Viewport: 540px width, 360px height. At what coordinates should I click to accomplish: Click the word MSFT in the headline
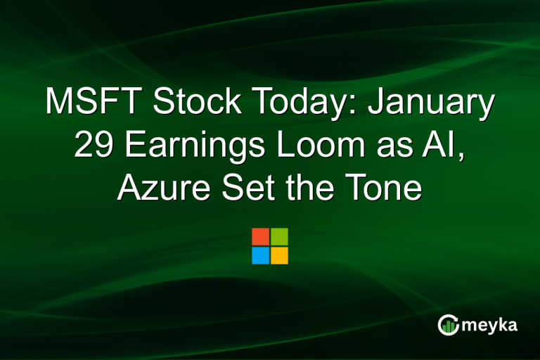point(94,103)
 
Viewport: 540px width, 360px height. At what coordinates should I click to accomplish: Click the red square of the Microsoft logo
point(260,236)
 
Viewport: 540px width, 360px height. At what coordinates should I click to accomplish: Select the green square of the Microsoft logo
point(279,236)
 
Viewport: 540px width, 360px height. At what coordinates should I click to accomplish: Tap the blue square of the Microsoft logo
point(260,255)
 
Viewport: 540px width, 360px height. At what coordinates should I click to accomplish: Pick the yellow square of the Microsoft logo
point(279,255)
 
